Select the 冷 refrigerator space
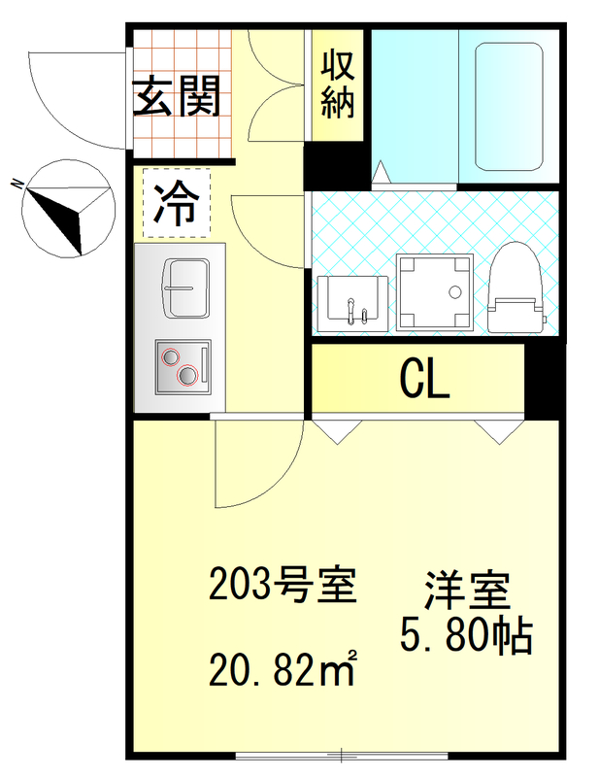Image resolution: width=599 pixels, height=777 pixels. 176,203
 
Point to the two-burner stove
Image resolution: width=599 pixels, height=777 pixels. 183,366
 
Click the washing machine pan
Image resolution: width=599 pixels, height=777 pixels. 436,290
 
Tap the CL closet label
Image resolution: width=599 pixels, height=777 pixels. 424,380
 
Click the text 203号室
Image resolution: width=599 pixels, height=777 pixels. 278,586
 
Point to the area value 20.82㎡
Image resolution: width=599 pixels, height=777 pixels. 282,669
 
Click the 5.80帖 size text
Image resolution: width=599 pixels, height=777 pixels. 466,636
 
